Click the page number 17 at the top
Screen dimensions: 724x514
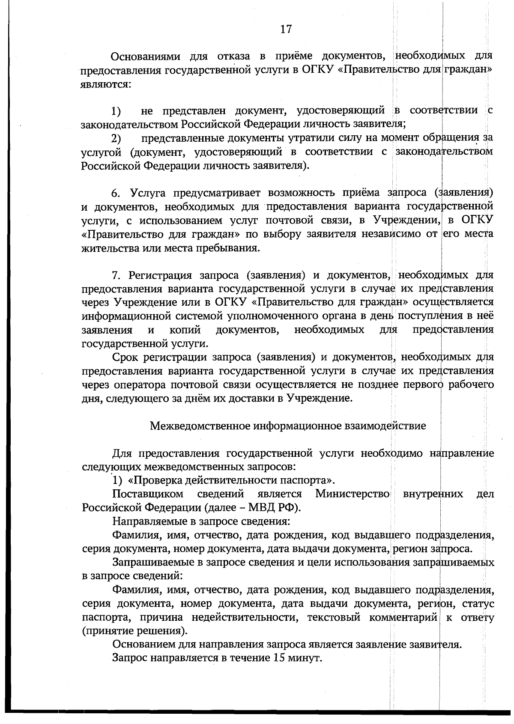[286, 29]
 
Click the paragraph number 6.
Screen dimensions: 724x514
[116, 194]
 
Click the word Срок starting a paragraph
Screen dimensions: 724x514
[124, 357]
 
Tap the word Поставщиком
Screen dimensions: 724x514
[148, 494]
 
